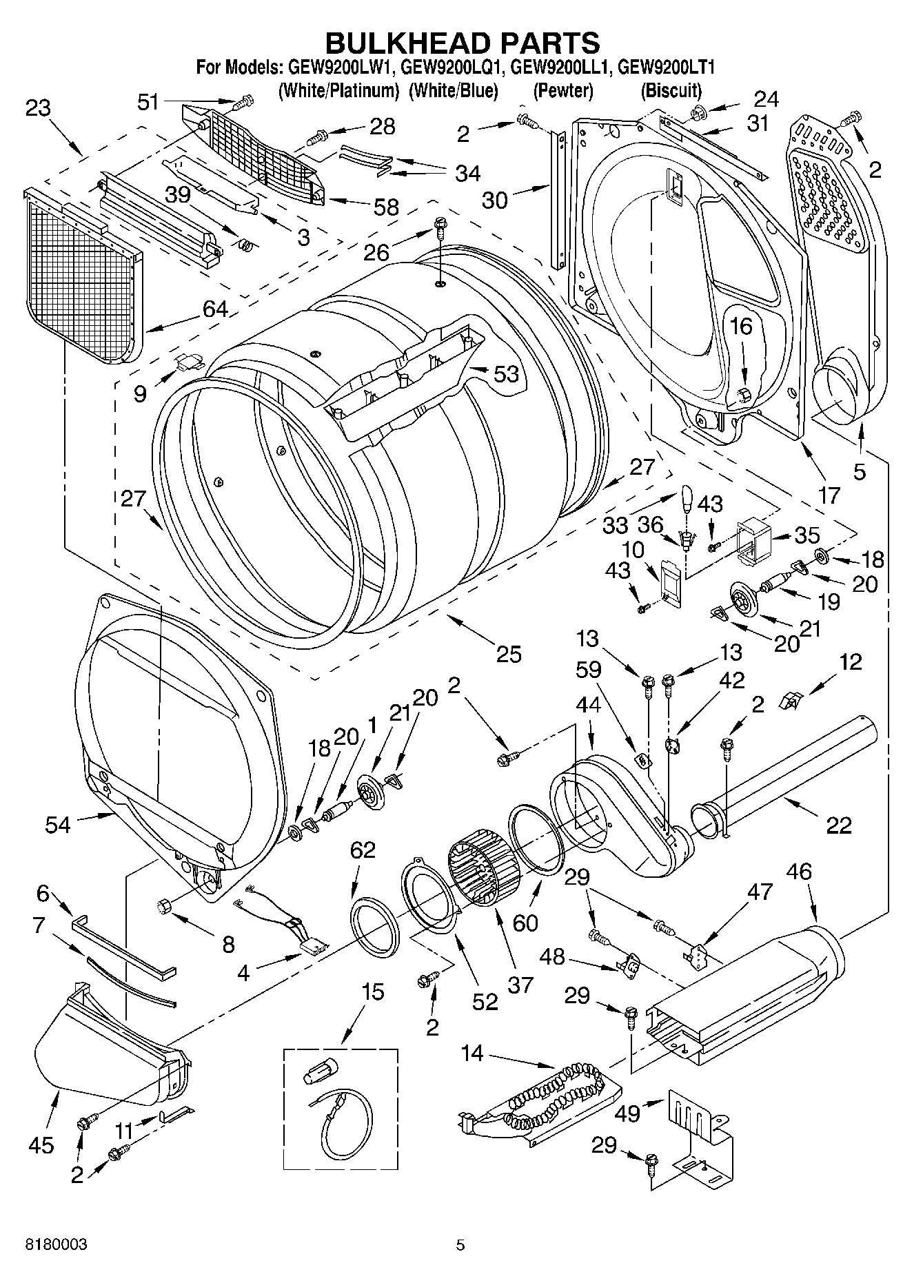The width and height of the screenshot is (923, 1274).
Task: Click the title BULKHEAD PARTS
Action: pyautogui.click(x=462, y=43)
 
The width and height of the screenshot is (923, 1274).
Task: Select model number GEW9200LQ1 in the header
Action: pyautogui.click(x=452, y=68)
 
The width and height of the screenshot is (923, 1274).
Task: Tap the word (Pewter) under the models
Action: pyautogui.click(x=563, y=90)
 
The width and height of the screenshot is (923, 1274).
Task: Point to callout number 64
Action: pyautogui.click(x=215, y=308)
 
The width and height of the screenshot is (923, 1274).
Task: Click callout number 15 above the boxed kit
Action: pyautogui.click(x=372, y=992)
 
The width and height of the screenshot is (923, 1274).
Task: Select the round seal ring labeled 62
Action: pyautogui.click(x=376, y=927)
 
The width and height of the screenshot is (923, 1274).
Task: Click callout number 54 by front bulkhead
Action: pyautogui.click(x=58, y=824)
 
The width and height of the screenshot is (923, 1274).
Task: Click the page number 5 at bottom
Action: pyautogui.click(x=460, y=1244)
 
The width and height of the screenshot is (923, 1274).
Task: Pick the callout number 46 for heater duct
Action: pyautogui.click(x=799, y=872)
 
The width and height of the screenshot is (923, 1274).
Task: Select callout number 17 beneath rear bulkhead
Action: pyautogui.click(x=829, y=495)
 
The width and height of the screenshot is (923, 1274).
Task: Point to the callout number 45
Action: pyautogui.click(x=41, y=1145)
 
